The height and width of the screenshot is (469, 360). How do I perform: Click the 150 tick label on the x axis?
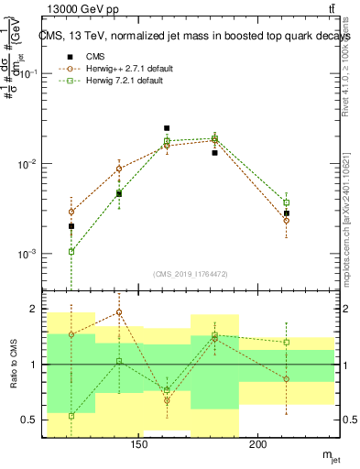point(139,446)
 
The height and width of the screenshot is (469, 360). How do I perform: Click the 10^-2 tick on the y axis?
point(33,164)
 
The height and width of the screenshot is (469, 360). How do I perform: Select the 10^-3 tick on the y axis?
point(33,254)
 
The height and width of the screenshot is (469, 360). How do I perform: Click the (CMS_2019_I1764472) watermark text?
point(191,273)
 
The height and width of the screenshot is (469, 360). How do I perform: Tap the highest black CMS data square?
point(167,128)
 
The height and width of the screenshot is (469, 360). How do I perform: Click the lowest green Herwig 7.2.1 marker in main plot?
point(71,251)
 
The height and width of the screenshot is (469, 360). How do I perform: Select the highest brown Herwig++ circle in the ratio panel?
point(119,312)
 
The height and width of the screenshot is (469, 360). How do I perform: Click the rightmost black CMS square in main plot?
point(287,213)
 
